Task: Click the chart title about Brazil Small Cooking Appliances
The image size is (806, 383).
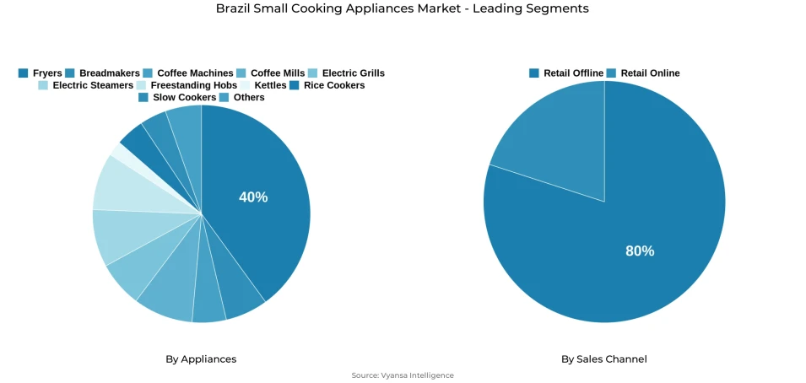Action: click(x=403, y=8)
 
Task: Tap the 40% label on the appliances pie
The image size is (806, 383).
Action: click(x=253, y=197)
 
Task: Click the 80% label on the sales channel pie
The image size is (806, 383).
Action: click(x=640, y=251)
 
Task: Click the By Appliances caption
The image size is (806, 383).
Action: click(x=201, y=359)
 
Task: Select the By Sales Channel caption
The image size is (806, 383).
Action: click(x=604, y=359)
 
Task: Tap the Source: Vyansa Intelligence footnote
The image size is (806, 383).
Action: click(x=403, y=375)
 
